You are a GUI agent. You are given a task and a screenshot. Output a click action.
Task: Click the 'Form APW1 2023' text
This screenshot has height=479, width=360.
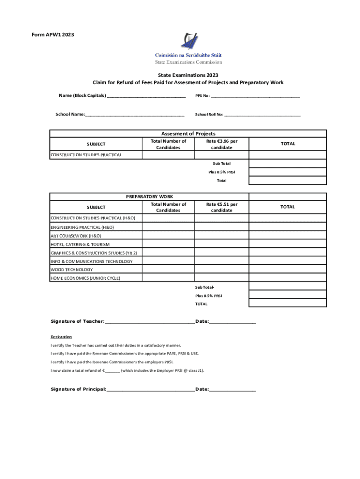coord(53,35)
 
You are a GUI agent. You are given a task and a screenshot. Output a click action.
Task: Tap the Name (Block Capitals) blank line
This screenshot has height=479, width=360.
coord(146,97)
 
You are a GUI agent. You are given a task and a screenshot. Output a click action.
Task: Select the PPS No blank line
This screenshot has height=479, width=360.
coord(255,97)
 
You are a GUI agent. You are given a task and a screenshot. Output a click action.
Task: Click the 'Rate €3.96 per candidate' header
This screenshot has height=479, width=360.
coord(222,144)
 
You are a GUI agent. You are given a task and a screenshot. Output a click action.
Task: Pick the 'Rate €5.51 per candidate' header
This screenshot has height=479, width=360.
coord(222,207)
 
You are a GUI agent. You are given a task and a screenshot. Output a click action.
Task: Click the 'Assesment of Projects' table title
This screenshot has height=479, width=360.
coord(188,134)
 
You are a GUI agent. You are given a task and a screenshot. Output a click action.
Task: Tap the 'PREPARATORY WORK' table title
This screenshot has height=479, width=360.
coord(149,197)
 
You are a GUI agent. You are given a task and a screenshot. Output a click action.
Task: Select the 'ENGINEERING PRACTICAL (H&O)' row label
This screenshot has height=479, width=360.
coord(82,227)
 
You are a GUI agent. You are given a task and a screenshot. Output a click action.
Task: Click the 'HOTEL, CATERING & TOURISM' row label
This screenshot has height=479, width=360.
coord(80,244)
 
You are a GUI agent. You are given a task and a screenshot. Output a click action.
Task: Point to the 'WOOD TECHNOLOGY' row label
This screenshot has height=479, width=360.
coord(72,270)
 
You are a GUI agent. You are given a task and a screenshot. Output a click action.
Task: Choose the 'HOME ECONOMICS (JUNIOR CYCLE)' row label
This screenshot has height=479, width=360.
coord(85,278)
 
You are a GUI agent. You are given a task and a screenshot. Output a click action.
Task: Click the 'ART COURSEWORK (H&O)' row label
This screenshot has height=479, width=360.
coord(76,236)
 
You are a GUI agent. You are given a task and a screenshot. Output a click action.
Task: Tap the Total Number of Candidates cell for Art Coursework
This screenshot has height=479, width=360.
coord(168,236)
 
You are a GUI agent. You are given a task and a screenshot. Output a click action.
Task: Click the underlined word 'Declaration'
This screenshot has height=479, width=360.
coord(61,337)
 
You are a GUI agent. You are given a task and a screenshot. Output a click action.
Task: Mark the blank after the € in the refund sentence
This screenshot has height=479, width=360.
coord(112,371)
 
